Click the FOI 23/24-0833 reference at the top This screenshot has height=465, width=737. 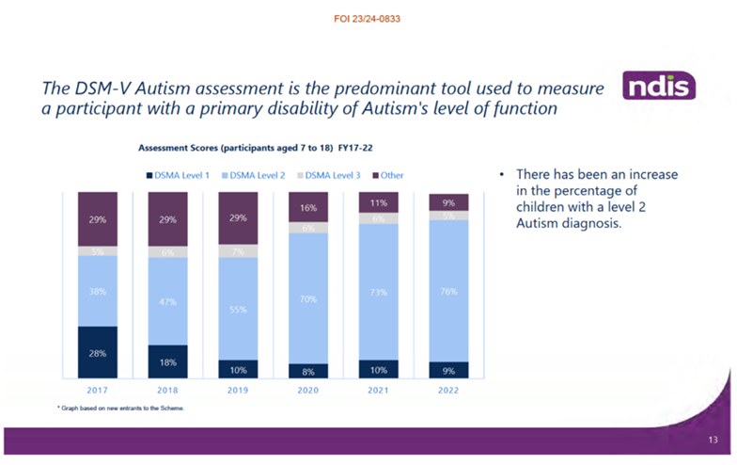coord(368,18)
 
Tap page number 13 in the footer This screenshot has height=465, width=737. coord(712,440)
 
